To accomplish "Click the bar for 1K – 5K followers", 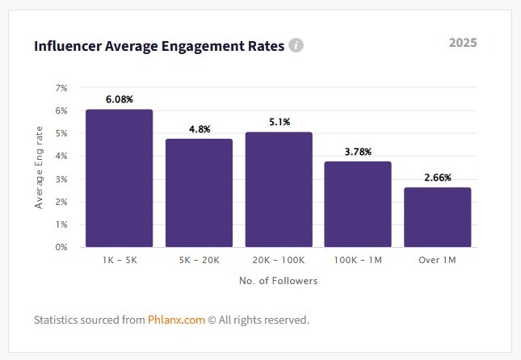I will [119, 178].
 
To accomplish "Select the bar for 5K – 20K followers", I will [199, 192].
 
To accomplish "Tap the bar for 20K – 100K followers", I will [279, 189].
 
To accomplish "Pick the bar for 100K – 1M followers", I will [358, 203].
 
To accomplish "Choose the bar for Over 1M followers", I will [437, 216].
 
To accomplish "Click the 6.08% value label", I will [119, 99].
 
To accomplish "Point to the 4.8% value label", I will [199, 128].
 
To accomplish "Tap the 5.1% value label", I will [279, 122].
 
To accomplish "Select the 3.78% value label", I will [358, 151].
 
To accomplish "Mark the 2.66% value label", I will [437, 177].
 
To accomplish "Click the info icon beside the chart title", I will [296, 45].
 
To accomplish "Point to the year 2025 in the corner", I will [463, 42].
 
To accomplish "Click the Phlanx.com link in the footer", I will [176, 320].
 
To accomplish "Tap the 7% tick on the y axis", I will [61, 87].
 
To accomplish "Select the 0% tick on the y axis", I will [61, 247].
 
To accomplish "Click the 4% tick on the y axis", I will [61, 156].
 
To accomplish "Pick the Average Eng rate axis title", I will [39, 168].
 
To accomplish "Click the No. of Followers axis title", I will [278, 281].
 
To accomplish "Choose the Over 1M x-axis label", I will [437, 260].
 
